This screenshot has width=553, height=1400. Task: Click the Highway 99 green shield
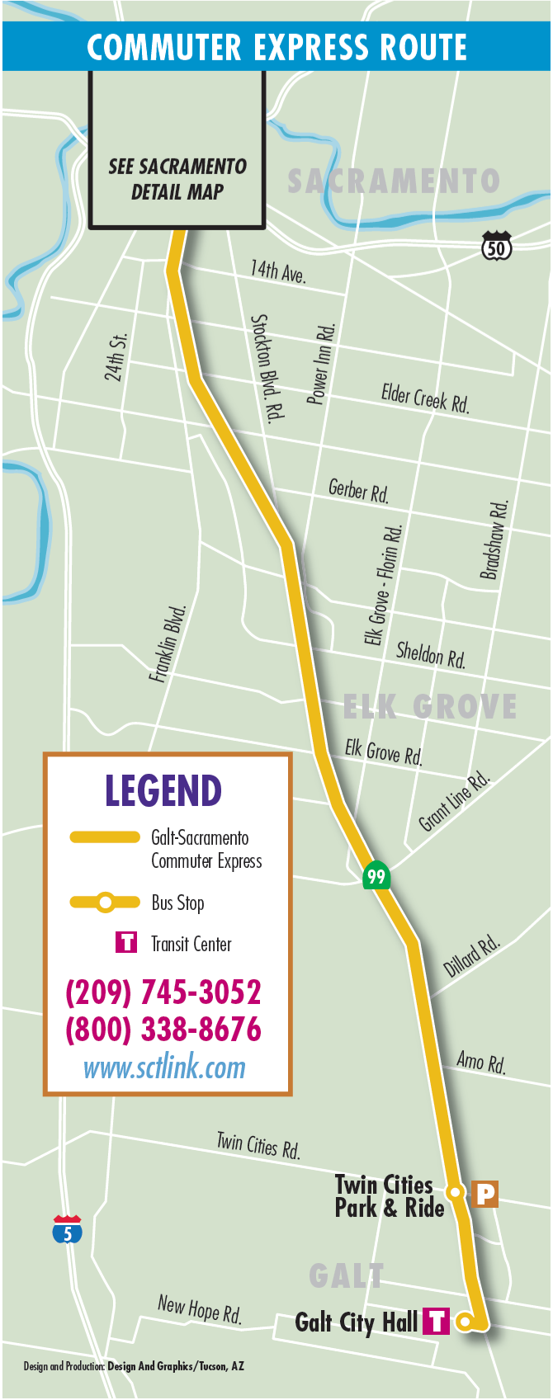376,876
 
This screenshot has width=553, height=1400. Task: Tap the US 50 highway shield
496,247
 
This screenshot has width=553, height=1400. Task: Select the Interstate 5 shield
68,1231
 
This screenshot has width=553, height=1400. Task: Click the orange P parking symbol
485,1193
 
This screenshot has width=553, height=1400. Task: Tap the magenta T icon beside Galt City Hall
436,1322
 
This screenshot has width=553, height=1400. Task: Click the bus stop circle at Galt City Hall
465,1322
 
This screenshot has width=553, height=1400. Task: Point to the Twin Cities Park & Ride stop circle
454,1192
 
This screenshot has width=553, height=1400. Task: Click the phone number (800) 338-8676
163,1030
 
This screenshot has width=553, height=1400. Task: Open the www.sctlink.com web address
164,1068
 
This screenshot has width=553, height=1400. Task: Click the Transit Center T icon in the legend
126,942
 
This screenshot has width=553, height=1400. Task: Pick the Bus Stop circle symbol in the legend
106,903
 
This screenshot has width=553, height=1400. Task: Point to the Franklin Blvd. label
168,643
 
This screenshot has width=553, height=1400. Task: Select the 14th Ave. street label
278,271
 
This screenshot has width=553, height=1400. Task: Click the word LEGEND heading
163,791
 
